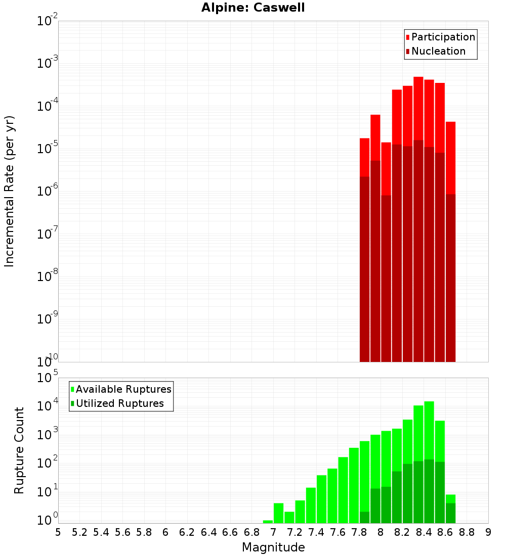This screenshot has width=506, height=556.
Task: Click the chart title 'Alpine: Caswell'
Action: click(x=253, y=8)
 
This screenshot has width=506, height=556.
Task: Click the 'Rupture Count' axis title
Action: click(x=19, y=450)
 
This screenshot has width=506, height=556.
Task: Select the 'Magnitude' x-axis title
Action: click(x=273, y=547)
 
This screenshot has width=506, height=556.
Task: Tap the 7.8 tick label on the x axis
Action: click(x=359, y=532)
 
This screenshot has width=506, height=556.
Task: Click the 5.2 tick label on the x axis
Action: click(x=79, y=532)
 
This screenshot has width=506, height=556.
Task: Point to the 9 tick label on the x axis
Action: click(x=488, y=532)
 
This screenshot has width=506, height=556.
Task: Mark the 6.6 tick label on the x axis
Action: click(x=230, y=532)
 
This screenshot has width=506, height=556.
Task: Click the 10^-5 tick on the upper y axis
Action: click(x=48, y=148)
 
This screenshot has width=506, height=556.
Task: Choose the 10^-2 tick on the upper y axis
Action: click(x=48, y=21)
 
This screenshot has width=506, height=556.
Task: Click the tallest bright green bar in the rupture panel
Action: click(x=429, y=430)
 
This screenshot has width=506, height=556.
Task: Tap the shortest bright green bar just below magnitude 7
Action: click(x=268, y=522)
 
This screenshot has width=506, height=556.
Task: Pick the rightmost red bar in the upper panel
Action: click(x=450, y=157)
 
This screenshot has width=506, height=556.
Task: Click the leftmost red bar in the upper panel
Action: click(x=364, y=157)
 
